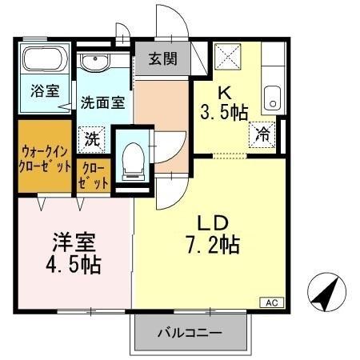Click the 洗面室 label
point(102,102)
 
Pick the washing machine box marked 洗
point(94,138)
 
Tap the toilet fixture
point(131,158)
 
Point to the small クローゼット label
point(94,176)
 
